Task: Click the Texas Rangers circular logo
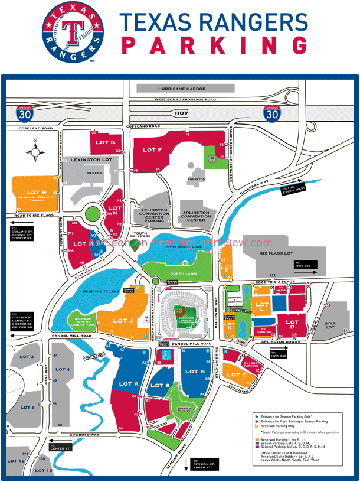[72, 32]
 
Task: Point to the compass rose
[35, 152]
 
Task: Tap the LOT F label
[152, 150]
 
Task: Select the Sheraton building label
[196, 179]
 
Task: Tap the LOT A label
[129, 384]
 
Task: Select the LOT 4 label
[63, 369]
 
